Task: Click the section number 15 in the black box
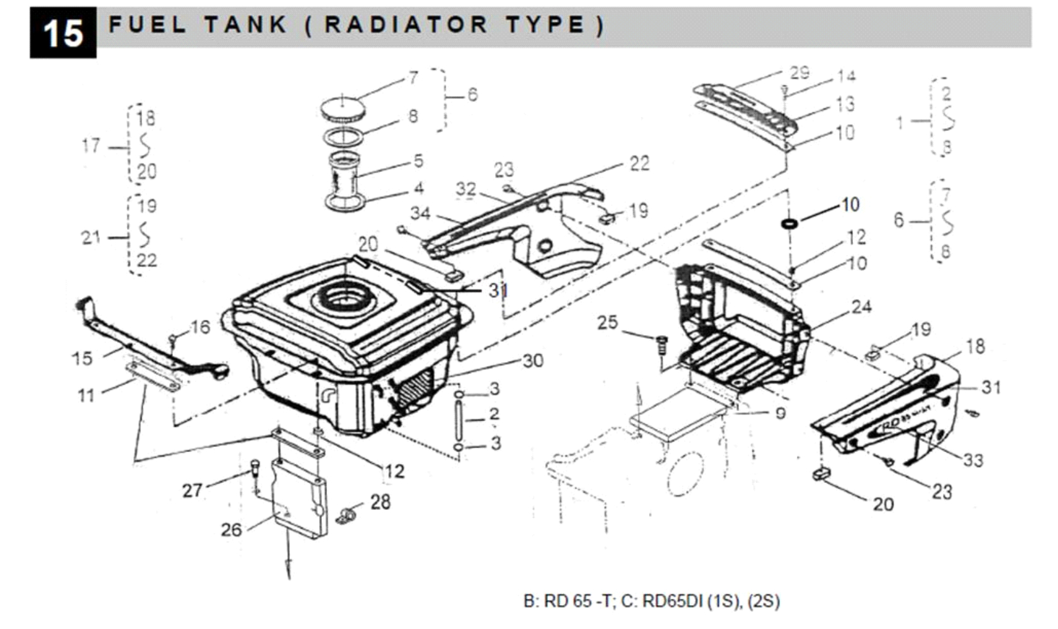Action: click(x=63, y=33)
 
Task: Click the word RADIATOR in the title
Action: click(x=406, y=25)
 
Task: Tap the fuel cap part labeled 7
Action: click(x=343, y=108)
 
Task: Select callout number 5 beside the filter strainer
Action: click(x=418, y=161)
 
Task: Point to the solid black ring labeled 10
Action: click(x=789, y=224)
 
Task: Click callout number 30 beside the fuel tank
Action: click(x=533, y=361)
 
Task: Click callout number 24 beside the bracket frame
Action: click(x=861, y=307)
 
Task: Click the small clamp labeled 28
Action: click(x=345, y=516)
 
